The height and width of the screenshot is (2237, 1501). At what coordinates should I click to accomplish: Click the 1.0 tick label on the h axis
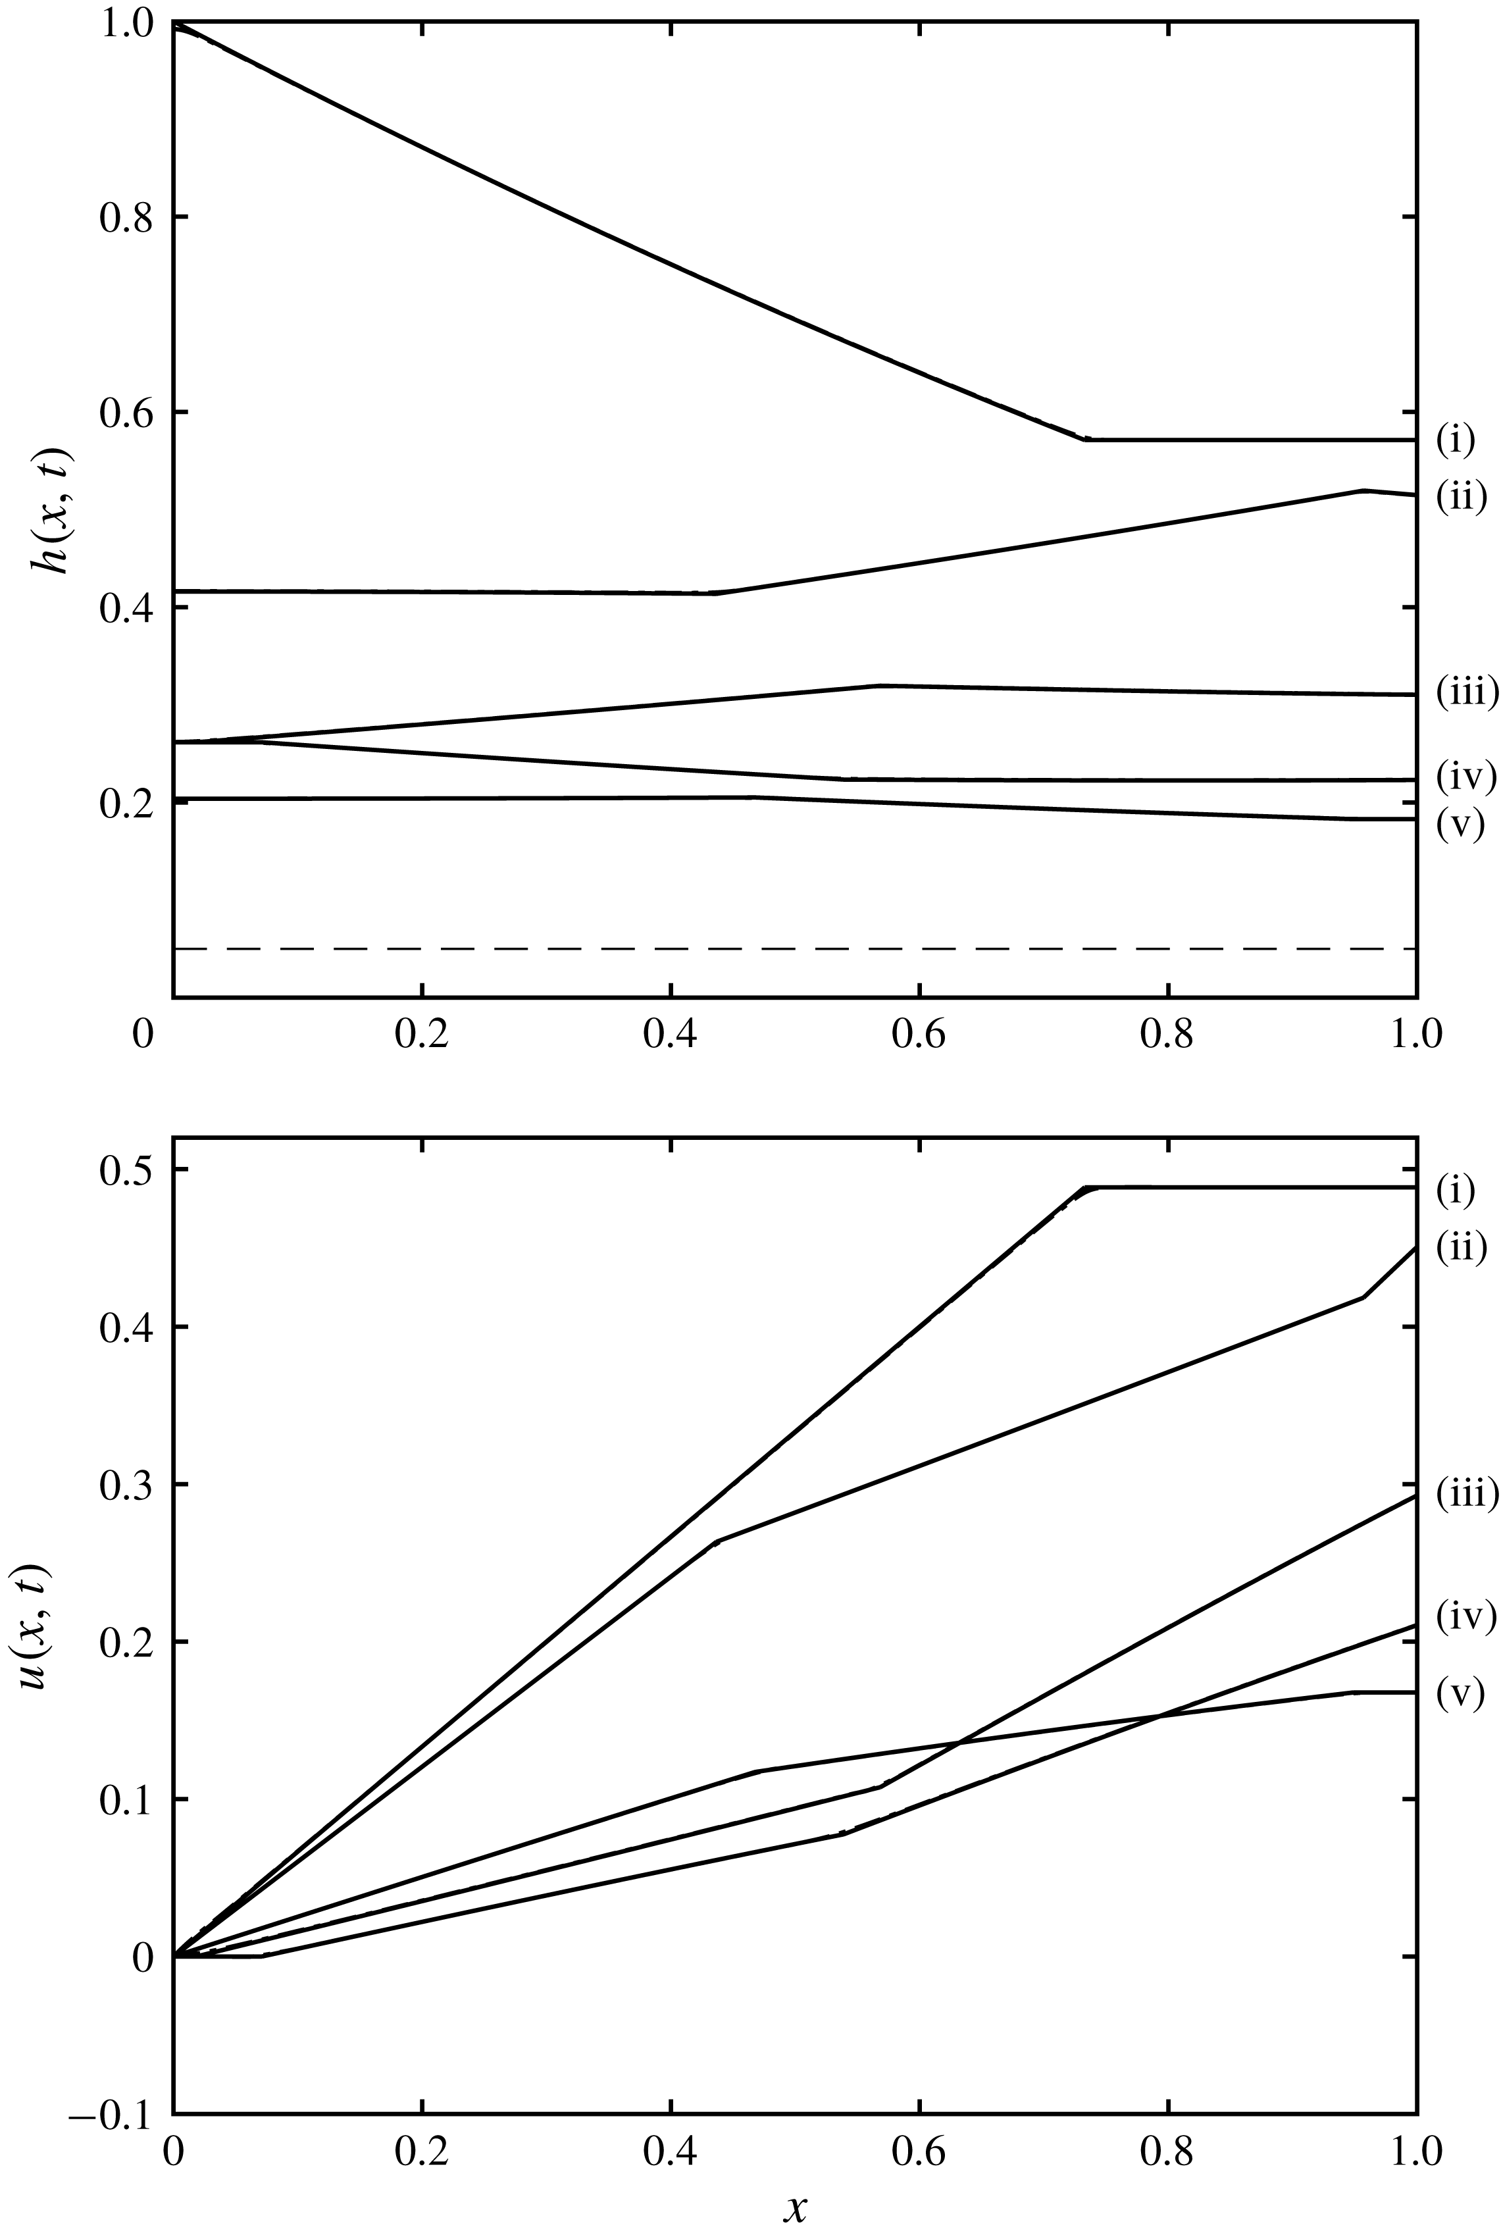pos(124,23)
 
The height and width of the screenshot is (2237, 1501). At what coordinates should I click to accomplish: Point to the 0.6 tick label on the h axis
pos(124,413)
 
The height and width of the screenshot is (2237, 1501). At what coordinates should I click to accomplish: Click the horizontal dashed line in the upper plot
pos(794,948)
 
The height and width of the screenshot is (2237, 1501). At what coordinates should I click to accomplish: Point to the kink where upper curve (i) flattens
pos(1084,440)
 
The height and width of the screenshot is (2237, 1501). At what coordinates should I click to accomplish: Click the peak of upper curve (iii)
pos(878,685)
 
